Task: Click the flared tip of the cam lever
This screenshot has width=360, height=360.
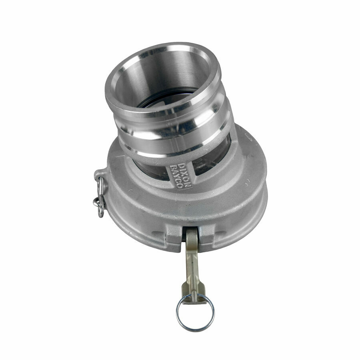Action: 193,290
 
